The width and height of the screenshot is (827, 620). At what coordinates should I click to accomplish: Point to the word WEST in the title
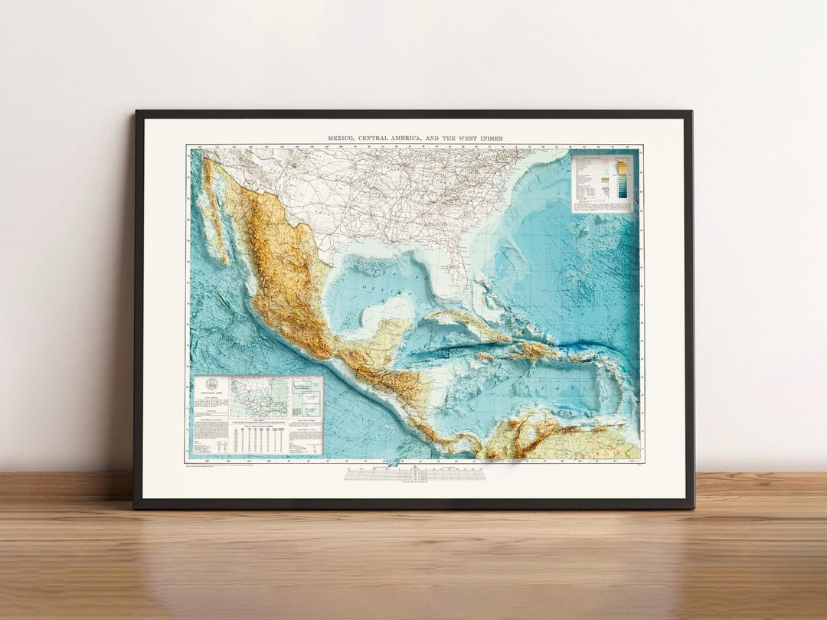coord(465,139)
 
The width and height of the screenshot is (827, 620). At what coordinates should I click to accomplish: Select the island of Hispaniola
coord(536,351)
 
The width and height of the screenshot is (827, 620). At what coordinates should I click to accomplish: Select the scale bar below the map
coord(414,475)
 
